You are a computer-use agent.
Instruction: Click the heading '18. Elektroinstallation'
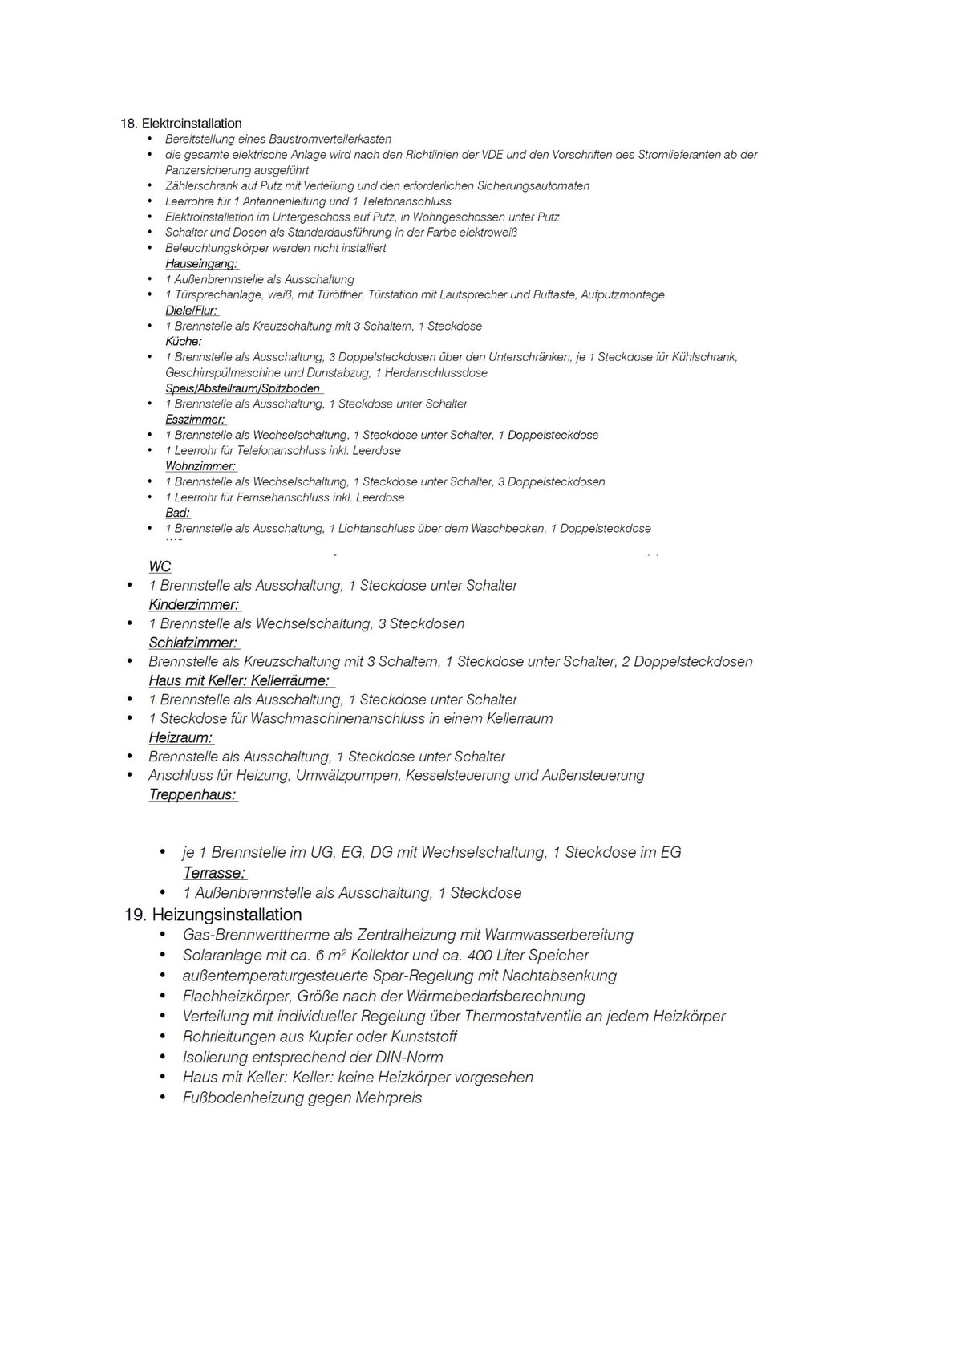180,124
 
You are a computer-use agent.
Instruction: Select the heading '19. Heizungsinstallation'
213,915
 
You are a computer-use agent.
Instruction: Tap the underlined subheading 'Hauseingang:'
201,264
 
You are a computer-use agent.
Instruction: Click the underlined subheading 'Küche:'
184,342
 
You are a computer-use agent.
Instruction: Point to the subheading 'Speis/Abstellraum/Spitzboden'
243,388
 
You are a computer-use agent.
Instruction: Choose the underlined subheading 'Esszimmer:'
195,420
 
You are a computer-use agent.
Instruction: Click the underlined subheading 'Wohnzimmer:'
200,466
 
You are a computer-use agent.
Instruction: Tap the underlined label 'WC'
160,566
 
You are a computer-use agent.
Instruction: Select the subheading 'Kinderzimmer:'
194,605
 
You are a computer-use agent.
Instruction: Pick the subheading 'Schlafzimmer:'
193,643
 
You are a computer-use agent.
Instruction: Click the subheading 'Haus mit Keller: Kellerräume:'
240,680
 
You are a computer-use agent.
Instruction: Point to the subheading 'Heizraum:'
181,737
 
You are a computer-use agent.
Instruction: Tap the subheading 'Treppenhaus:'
193,795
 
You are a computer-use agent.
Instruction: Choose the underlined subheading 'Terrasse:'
215,873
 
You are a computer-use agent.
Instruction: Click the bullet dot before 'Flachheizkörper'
164,996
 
